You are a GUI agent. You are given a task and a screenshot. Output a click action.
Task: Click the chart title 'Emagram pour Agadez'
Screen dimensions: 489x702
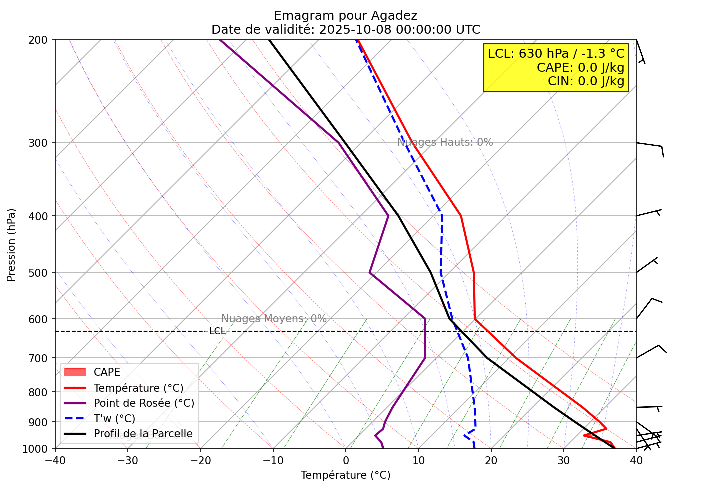pyautogui.click(x=345, y=16)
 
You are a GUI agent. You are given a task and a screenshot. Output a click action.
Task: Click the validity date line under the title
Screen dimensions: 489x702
pyautogui.click(x=345, y=30)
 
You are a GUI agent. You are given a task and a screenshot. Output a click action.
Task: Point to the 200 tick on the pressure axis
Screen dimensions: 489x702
pyautogui.click(x=38, y=40)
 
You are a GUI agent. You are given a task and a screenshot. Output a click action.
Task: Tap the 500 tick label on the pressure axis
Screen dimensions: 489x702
pyautogui.click(x=38, y=273)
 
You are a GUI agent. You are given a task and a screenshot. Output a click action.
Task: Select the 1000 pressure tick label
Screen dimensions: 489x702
pyautogui.click(x=35, y=449)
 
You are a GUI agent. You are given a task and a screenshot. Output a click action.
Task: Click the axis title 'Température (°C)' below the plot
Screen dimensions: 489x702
pyautogui.click(x=345, y=475)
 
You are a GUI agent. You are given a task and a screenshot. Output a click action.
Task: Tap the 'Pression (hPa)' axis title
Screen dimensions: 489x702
pyautogui.click(x=11, y=245)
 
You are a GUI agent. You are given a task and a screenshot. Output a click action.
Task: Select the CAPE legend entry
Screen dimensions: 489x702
pyautogui.click(x=107, y=372)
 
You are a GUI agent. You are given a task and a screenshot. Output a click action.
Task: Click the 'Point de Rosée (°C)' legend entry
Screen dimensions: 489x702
pyautogui.click(x=144, y=403)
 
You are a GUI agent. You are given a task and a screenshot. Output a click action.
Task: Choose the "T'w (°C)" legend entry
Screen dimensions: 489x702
pyautogui.click(x=114, y=419)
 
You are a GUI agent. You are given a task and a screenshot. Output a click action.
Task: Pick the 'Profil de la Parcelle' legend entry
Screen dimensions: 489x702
pyautogui.click(x=143, y=434)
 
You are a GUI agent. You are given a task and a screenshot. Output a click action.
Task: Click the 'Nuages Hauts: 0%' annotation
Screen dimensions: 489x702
pyautogui.click(x=445, y=142)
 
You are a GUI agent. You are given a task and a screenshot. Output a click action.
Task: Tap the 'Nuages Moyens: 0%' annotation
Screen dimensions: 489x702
pyautogui.click(x=274, y=319)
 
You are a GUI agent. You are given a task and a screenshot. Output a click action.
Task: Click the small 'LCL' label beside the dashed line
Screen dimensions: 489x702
pyautogui.click(x=217, y=331)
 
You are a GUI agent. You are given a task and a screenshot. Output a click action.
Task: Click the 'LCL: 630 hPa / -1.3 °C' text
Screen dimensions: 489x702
pyautogui.click(x=556, y=54)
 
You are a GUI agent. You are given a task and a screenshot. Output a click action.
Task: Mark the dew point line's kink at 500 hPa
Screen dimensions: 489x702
pyautogui.click(x=370, y=273)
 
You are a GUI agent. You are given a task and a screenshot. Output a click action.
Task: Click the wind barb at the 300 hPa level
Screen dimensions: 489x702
pyautogui.click(x=650, y=146)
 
